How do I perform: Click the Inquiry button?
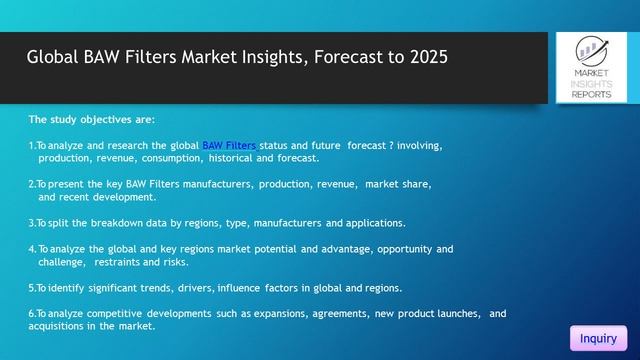598,339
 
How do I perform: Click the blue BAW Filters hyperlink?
229,146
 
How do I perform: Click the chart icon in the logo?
594,49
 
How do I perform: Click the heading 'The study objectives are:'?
91,118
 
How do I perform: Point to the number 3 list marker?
31,222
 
